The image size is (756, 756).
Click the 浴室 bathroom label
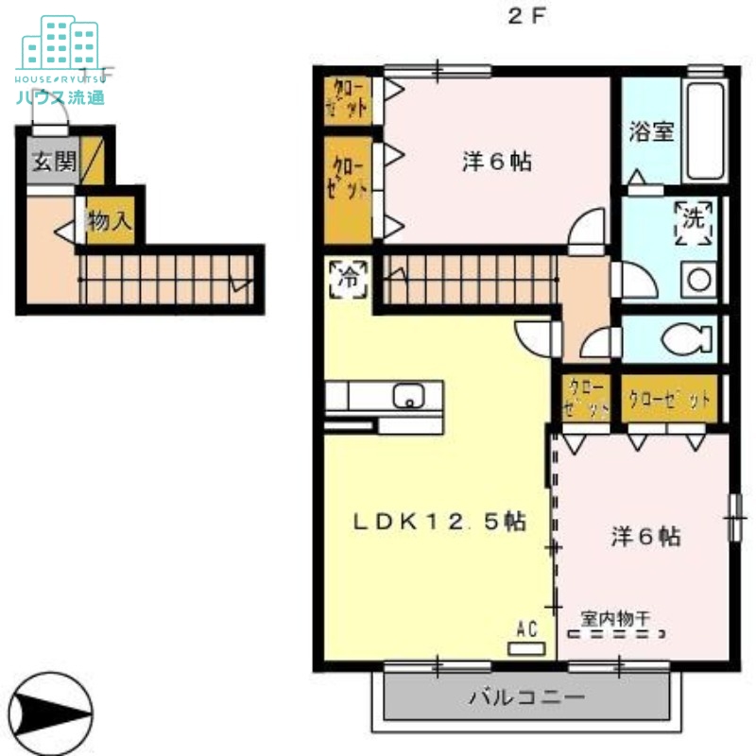(x=652, y=131)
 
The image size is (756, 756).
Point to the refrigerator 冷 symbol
(x=349, y=278)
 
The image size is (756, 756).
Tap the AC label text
(x=526, y=627)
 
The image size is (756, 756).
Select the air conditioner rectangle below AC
(x=526, y=648)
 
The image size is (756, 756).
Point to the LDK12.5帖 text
(x=440, y=522)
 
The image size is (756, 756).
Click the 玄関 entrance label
(x=54, y=162)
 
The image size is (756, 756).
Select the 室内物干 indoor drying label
(x=615, y=619)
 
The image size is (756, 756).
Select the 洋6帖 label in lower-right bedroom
(x=645, y=536)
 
